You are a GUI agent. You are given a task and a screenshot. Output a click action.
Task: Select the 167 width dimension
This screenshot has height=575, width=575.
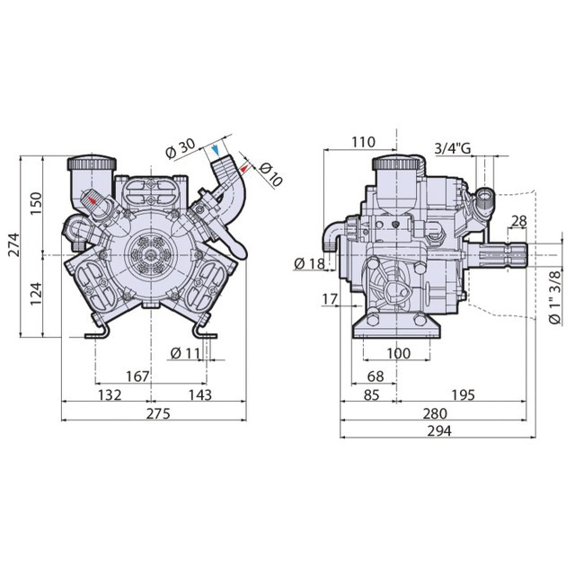pyautogui.click(x=137, y=376)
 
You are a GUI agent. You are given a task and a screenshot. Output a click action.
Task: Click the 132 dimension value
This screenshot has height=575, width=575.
pyautogui.click(x=109, y=395)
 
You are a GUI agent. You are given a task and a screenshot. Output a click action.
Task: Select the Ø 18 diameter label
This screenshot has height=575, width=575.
pyautogui.click(x=309, y=263)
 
